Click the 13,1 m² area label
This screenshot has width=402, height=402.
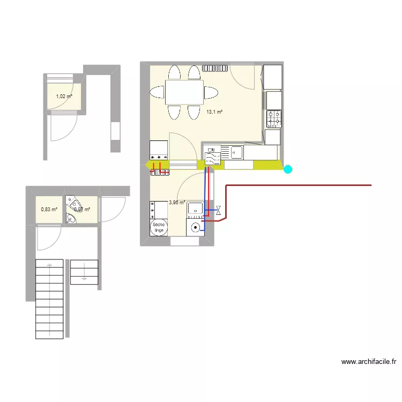tap(214, 112)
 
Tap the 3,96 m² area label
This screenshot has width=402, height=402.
tap(177, 203)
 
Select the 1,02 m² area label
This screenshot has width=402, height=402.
tap(64, 97)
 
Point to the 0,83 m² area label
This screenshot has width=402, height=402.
tap(49, 210)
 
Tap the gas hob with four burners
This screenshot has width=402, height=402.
tap(274, 118)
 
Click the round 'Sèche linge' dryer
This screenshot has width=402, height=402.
tap(159, 228)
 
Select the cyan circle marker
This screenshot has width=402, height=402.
tap(288, 170)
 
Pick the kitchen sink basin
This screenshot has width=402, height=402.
tap(236, 153)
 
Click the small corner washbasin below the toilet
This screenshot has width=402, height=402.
tap(70, 218)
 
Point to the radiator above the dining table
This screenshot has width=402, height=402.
tap(215, 68)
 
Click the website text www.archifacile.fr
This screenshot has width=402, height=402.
tap(369, 362)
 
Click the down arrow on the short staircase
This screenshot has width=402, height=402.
tap(84, 278)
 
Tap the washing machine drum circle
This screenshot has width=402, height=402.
tap(196, 227)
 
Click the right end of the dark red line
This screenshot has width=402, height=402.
tap(371, 185)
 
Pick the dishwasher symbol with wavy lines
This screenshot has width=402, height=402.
tap(213, 157)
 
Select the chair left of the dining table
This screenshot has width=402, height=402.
tap(157, 93)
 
